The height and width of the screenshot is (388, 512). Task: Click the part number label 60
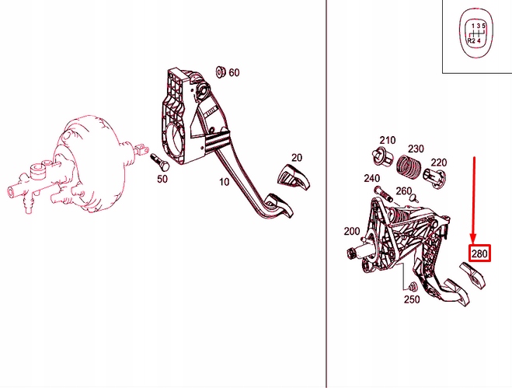click(234, 72)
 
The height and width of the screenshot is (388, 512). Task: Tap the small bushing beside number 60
click(221, 72)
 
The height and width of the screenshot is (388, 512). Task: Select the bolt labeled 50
click(160, 162)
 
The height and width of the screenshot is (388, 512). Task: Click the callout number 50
click(162, 179)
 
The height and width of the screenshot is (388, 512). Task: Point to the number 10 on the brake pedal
click(224, 182)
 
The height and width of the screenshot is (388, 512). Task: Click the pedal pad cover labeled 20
click(293, 177)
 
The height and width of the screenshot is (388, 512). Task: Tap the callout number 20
click(297, 158)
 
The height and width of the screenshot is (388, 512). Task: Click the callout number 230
click(416, 149)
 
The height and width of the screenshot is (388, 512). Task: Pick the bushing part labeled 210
click(383, 157)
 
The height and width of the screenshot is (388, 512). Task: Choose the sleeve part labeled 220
click(434, 178)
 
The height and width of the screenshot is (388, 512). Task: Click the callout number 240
click(372, 179)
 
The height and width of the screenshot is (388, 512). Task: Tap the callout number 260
click(403, 191)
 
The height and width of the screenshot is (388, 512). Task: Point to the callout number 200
click(352, 232)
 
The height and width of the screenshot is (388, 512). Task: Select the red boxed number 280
click(479, 253)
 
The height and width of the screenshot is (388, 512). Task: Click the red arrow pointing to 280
click(474, 201)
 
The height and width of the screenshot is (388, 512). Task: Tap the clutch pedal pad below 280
click(472, 275)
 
